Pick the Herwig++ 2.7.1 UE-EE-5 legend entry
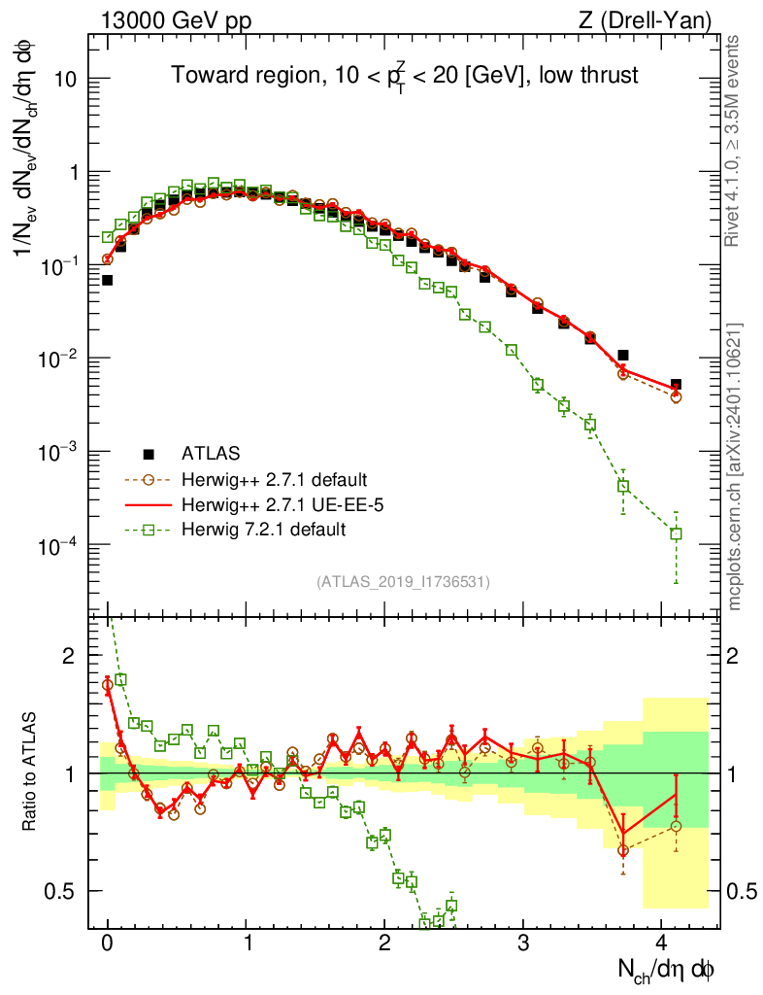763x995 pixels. point(272,504)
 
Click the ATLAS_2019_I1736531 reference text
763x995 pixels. point(403,582)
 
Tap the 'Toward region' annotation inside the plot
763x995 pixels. point(405,76)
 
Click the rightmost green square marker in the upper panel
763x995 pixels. point(676,533)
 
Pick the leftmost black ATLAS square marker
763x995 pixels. point(107,280)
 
